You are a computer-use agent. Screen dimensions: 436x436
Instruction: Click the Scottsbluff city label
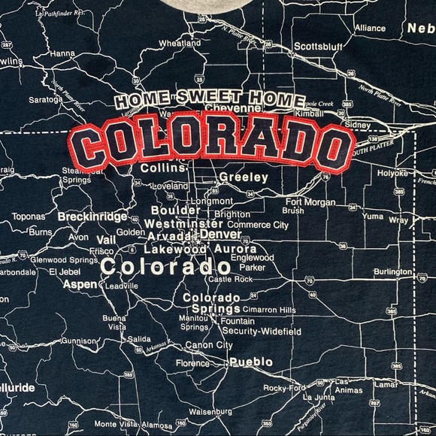pyautogui.click(x=317, y=45)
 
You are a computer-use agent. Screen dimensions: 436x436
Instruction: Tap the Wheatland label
pyautogui.click(x=179, y=44)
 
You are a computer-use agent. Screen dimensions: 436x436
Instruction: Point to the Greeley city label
pyautogui.click(x=244, y=177)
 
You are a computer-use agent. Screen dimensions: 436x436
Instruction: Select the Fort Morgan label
pyautogui.click(x=310, y=201)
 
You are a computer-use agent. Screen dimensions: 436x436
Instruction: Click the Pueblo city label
pyautogui.click(x=251, y=362)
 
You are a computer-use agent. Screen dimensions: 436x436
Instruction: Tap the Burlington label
pyautogui.click(x=392, y=271)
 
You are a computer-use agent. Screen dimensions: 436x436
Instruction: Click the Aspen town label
pyautogui.click(x=80, y=284)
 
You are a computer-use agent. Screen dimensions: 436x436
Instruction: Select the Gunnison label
pyautogui.click(x=78, y=341)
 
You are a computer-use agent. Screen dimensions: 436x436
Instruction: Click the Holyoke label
pyautogui.click(x=392, y=173)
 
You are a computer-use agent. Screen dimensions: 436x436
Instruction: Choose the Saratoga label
pyautogui.click(x=45, y=99)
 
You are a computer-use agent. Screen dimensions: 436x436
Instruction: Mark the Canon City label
pyautogui.click(x=208, y=345)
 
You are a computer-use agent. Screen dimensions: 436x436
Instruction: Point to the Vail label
pyautogui.click(x=106, y=239)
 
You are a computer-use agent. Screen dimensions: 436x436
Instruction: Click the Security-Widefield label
pyautogui.click(x=261, y=331)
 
